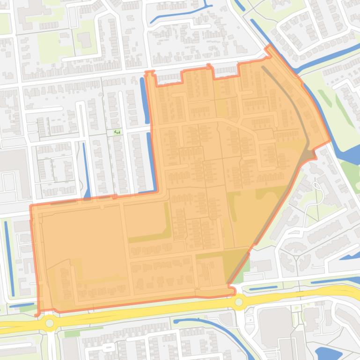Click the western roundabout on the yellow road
pyautogui.click(x=49, y=323)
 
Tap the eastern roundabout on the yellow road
pyautogui.click(x=239, y=302)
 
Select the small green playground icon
pyautogui.click(x=117, y=132)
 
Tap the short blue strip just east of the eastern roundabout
pyautogui.click(x=263, y=288)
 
